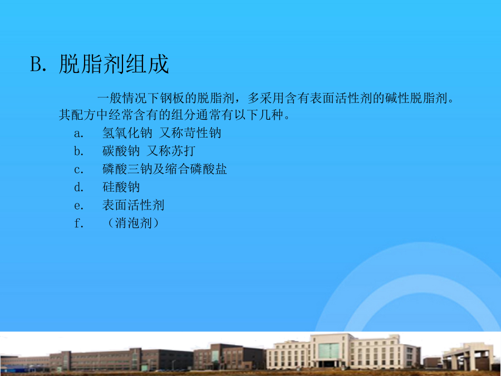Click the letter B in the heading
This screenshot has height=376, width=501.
coord(36,64)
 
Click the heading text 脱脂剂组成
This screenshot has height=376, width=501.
coord(114,64)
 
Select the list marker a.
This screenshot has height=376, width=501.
coord(78,134)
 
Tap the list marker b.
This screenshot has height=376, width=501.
coord(78,151)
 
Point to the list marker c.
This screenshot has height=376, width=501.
coord(78,170)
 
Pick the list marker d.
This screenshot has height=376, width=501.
coord(78,187)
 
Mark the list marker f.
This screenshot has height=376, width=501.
coord(78,223)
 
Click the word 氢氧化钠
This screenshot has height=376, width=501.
coord(127,133)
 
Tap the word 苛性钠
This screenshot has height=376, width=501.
coord(202,133)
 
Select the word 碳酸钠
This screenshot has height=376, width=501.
coord(121,151)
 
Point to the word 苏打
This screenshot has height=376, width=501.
coord(183,151)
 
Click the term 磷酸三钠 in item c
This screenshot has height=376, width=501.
coord(127,169)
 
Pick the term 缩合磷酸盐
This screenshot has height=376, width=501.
coord(196,169)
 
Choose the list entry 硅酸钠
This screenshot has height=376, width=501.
coord(121,187)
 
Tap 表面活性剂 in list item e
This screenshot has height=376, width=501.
coord(133,205)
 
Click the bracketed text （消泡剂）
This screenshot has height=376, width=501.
coord(133,223)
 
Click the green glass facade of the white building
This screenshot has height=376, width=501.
coord(328,351)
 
